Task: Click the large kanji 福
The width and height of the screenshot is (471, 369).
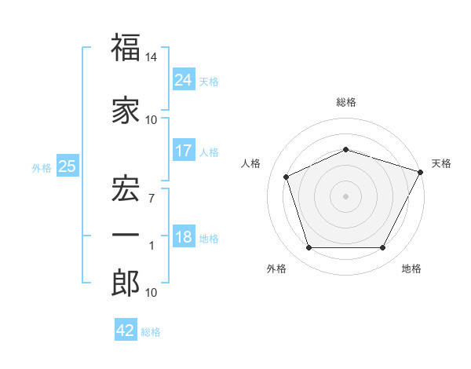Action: (126, 47)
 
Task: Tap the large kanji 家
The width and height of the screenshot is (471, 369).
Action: (126, 110)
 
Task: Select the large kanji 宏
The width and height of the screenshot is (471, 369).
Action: (126, 188)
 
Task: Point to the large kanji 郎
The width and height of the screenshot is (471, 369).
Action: (126, 283)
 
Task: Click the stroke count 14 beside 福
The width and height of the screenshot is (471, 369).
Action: (151, 57)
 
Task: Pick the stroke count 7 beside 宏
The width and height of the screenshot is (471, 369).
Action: (152, 199)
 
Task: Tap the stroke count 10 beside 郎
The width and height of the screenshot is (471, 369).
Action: (151, 293)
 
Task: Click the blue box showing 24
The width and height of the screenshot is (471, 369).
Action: (184, 79)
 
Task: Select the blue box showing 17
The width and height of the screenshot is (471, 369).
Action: (184, 150)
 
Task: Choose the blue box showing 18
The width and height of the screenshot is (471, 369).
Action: (184, 236)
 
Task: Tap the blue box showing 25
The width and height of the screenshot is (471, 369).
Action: (68, 166)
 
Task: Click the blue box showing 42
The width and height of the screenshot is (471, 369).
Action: (126, 329)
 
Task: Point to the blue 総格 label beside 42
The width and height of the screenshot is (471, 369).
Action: (151, 332)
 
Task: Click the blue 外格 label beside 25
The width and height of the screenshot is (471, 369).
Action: (42, 168)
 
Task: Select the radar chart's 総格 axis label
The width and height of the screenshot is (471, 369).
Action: (346, 102)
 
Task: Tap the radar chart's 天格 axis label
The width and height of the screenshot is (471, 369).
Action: (441, 163)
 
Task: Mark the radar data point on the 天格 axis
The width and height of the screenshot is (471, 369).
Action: (421, 172)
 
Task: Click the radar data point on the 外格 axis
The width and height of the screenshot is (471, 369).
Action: (309, 247)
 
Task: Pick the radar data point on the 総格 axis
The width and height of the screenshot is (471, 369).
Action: (345, 149)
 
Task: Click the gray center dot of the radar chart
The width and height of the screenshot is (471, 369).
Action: (345, 196)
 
